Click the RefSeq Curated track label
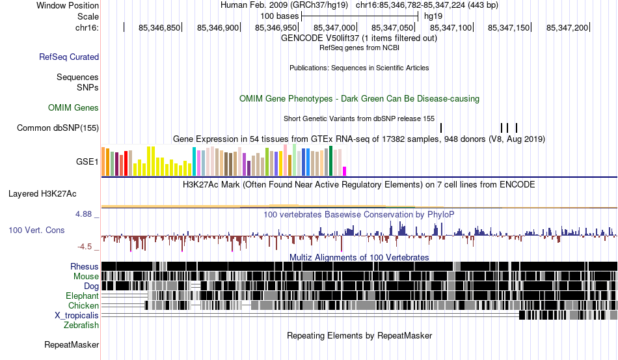(69, 57)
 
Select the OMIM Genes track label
(74, 107)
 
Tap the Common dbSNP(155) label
(58, 128)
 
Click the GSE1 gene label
(87, 161)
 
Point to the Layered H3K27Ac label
(42, 193)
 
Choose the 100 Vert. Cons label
(36, 230)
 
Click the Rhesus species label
(85, 266)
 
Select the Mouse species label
(86, 277)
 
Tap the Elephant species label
(83, 296)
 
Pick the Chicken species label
(83, 305)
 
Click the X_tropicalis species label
(77, 316)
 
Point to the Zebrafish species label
(81, 325)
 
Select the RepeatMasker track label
(72, 344)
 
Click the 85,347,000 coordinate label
(334, 27)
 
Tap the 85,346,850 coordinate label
(159, 27)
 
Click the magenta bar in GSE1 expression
(345, 171)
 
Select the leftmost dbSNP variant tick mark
(441, 128)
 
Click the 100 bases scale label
(280, 16)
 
